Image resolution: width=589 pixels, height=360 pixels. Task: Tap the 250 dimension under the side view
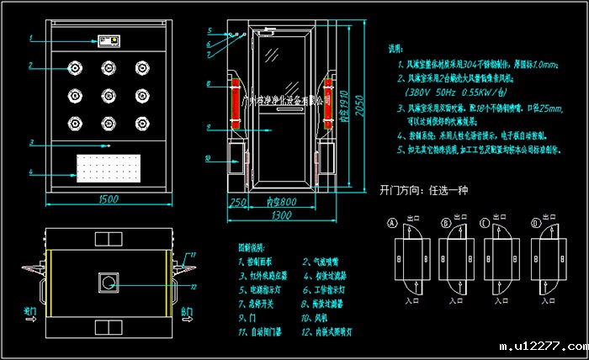(238, 202)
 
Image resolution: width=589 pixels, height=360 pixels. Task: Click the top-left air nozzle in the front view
(74, 67)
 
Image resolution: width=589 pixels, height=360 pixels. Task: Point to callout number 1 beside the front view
(30, 39)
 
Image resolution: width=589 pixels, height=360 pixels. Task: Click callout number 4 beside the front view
(30, 173)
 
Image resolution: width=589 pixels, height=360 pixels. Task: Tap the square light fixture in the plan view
(109, 282)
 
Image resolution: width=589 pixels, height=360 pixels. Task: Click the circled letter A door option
(391, 223)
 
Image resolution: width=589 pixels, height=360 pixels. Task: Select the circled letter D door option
(535, 223)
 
